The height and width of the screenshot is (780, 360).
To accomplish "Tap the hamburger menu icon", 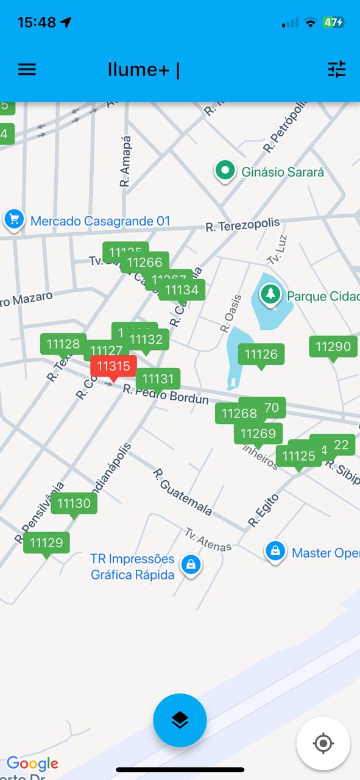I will click(x=27, y=69).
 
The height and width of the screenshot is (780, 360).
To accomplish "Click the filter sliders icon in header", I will click(x=337, y=69).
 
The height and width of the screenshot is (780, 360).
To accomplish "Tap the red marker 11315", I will click(x=114, y=366).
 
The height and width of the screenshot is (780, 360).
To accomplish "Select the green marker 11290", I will click(x=333, y=347).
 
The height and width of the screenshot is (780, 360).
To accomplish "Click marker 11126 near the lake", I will click(x=261, y=354).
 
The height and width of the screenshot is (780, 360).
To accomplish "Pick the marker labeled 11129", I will click(x=46, y=542).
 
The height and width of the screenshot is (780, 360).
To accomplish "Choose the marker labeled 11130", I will click(x=74, y=503).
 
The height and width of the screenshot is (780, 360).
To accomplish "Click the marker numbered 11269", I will click(x=259, y=434).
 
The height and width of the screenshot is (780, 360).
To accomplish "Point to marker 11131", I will click(x=158, y=379).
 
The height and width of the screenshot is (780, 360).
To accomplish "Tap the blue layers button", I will click(x=180, y=720).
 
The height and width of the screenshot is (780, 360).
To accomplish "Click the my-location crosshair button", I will click(x=323, y=743).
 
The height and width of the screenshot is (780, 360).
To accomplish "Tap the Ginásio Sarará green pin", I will click(x=225, y=171).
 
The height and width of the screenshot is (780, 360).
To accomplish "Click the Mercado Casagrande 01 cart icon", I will click(x=13, y=219).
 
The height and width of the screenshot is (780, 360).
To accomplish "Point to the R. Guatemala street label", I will click(x=182, y=492).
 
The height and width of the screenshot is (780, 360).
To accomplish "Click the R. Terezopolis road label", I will click(x=242, y=225).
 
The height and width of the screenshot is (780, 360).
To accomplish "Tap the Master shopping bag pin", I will click(x=275, y=551).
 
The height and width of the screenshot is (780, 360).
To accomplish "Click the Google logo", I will click(x=33, y=763).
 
